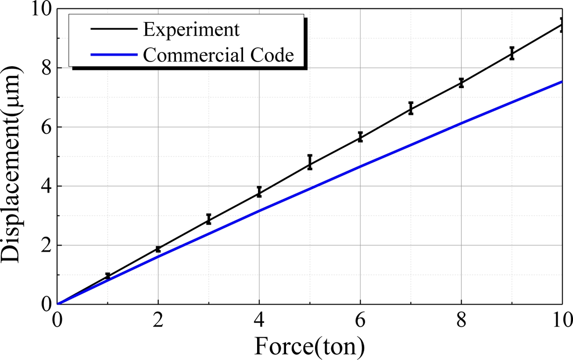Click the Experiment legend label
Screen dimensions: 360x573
click(191, 29)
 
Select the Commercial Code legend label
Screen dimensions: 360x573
click(218, 55)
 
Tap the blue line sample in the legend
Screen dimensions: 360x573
click(114, 55)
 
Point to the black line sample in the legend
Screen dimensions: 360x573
click(114, 29)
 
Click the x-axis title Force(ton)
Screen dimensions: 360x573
click(309, 346)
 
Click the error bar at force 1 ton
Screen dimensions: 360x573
click(108, 276)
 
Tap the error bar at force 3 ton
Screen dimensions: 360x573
click(209, 219)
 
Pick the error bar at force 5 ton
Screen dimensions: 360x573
click(310, 162)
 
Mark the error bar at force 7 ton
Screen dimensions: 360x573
click(411, 108)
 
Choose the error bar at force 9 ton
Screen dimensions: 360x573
click(512, 53)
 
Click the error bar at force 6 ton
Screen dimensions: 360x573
click(360, 137)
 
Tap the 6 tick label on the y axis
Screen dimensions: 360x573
click(45, 127)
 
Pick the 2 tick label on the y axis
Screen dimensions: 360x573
click(45, 245)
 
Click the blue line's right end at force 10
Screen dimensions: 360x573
click(561, 82)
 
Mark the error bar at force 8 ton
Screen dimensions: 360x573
click(461, 83)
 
